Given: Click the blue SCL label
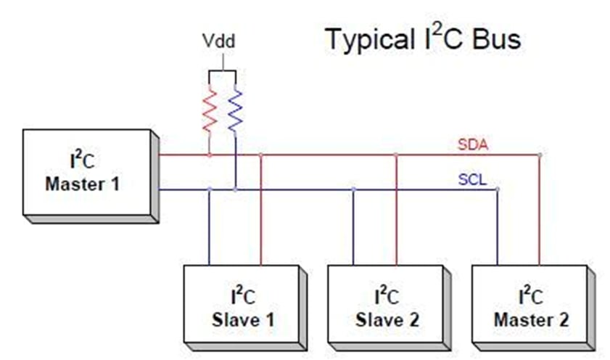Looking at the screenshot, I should [472, 179].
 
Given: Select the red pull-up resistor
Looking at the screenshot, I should [210, 110].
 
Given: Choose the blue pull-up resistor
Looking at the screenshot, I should [235, 110].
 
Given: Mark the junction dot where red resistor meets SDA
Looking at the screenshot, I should [210, 155].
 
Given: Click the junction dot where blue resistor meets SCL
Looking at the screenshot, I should [235, 189].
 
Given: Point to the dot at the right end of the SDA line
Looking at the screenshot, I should [540, 155].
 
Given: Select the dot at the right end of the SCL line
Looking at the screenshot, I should [498, 189].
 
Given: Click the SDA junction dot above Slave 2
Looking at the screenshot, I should [396, 155].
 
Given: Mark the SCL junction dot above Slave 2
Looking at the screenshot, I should [354, 189].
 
